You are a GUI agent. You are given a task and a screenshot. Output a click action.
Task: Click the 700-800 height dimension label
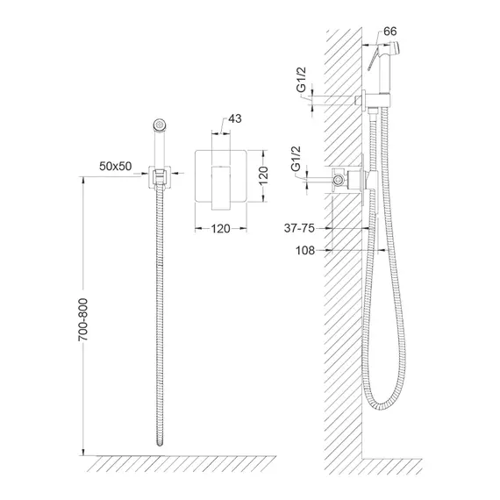point(83,320)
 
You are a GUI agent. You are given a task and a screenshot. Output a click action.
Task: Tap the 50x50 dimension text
point(116,166)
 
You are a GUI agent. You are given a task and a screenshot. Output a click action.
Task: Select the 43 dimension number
point(235,118)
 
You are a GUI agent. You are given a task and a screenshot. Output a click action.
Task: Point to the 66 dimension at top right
point(390,32)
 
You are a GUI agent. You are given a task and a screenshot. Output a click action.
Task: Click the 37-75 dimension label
point(299,228)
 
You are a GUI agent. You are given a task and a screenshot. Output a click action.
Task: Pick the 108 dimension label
point(305,250)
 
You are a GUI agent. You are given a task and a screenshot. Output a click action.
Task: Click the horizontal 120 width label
point(220,229)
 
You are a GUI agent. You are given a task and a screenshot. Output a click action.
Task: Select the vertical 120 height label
point(263,175)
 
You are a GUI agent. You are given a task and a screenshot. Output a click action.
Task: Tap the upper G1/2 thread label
point(302,80)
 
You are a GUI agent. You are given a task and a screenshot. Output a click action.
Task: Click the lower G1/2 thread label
point(296,159)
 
